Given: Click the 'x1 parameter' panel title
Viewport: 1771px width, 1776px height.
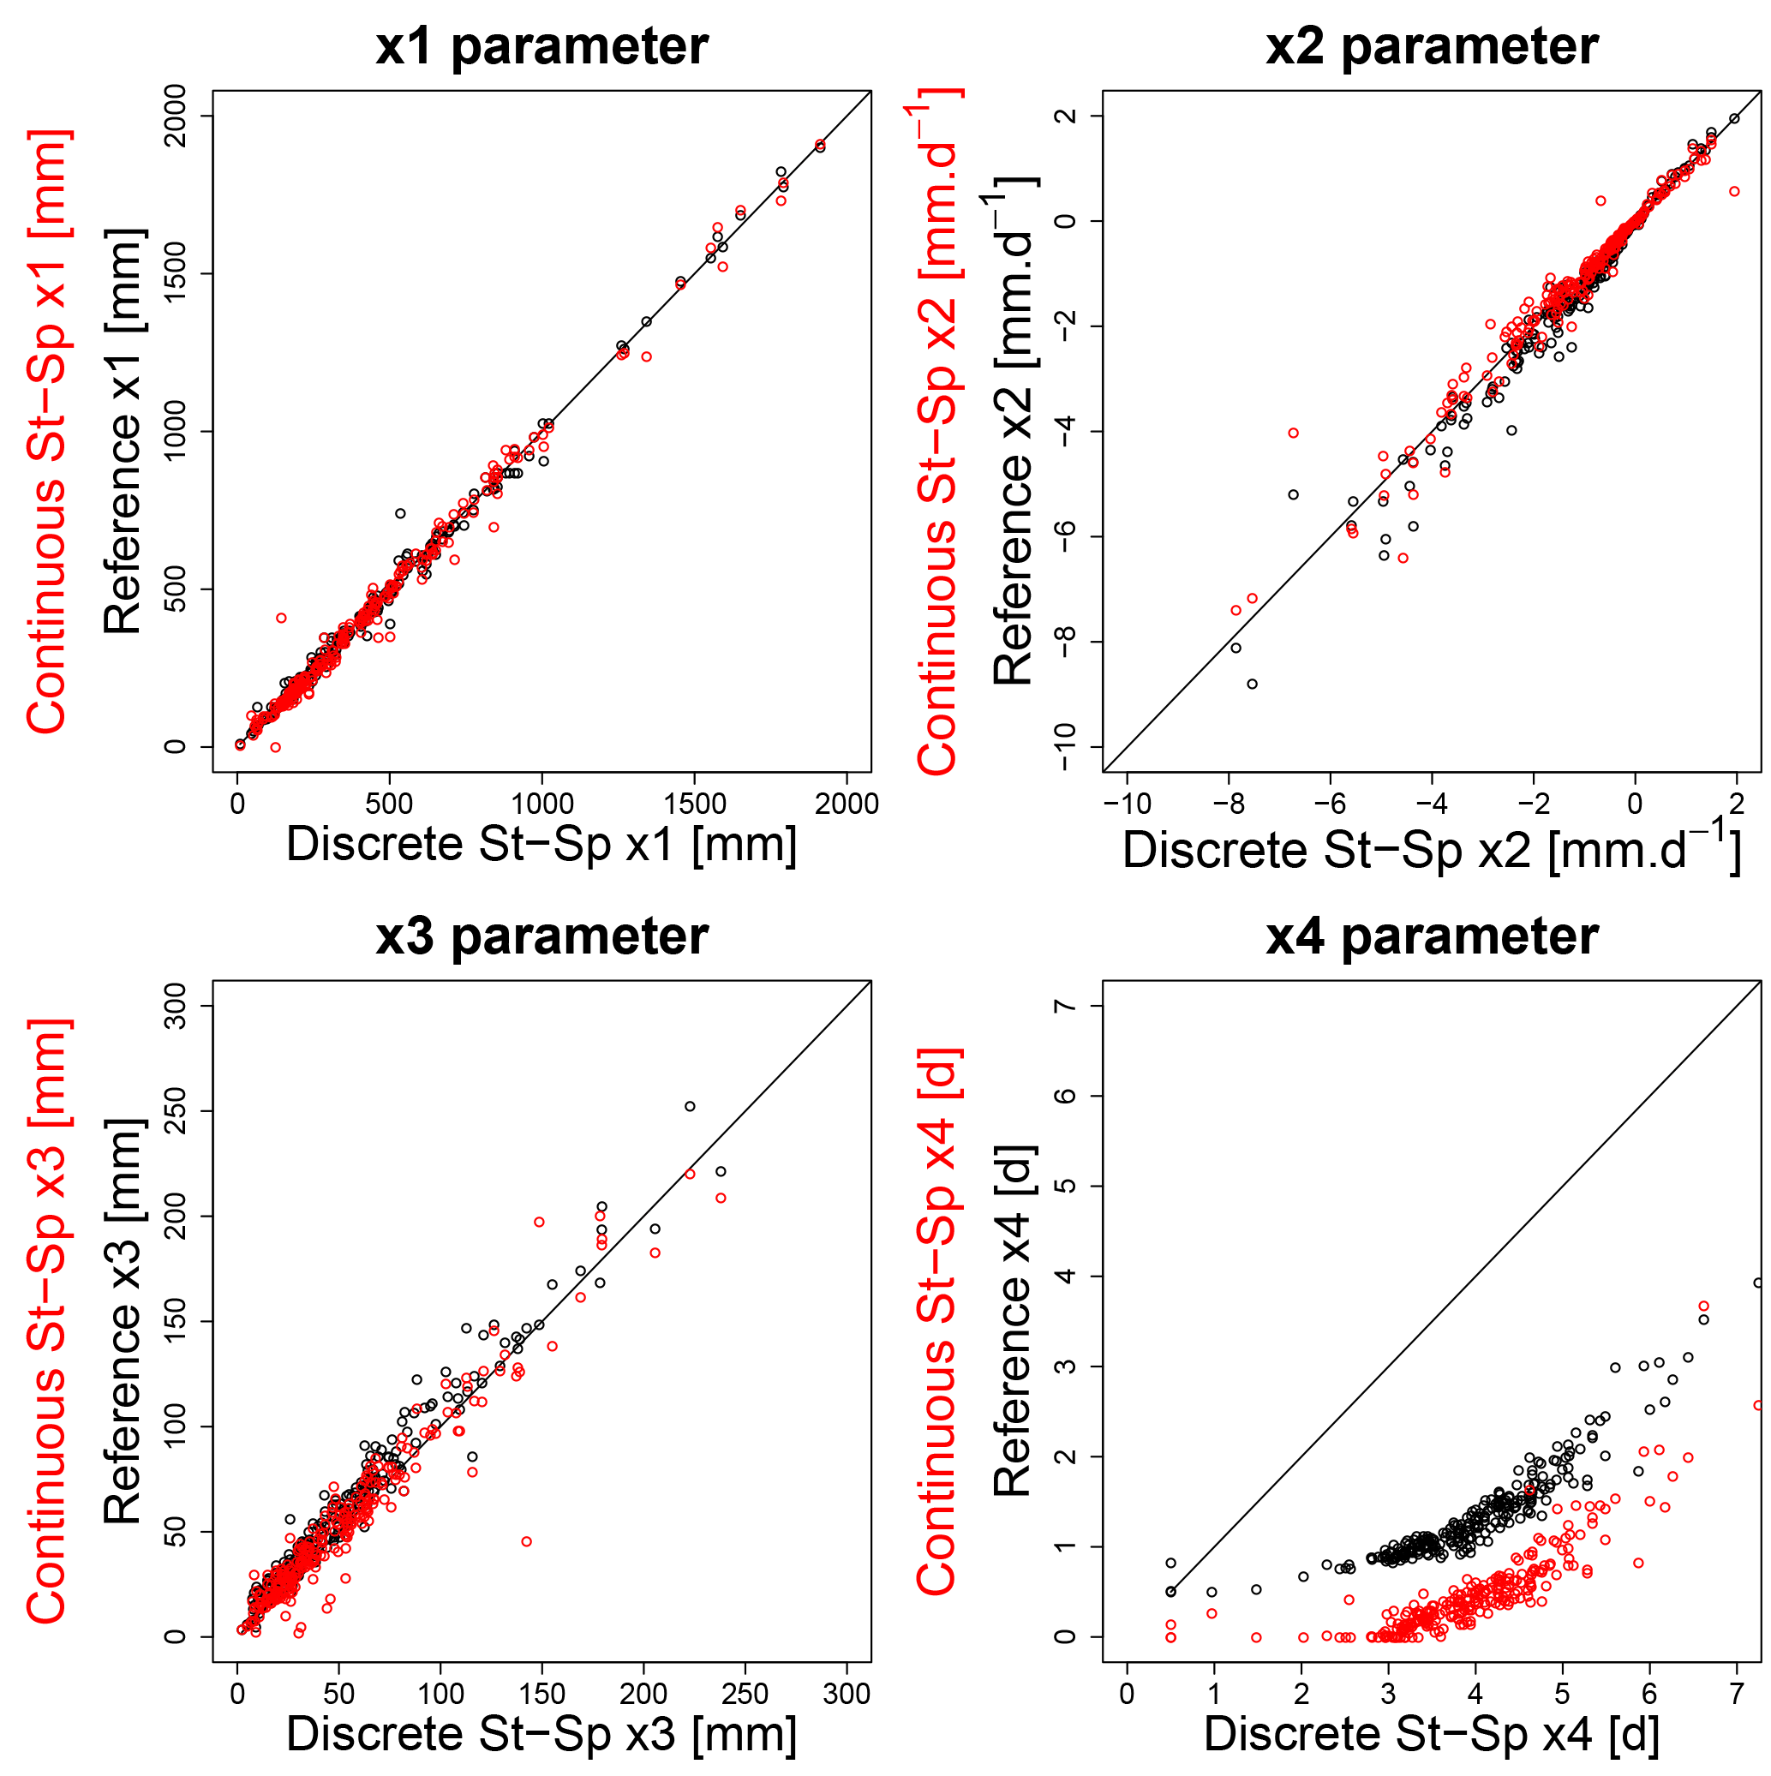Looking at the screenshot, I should (541, 46).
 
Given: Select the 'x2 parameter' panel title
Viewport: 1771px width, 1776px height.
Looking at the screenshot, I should (1432, 46).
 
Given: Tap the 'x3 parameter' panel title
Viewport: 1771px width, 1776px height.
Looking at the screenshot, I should (541, 936).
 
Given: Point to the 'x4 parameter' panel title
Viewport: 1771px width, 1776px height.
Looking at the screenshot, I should (1432, 936).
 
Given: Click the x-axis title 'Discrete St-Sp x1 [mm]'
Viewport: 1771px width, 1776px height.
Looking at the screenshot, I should (541, 844).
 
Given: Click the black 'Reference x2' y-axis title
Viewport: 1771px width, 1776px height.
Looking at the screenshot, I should (1014, 432).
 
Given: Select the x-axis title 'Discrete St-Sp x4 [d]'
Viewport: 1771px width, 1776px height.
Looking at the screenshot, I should (1432, 1734).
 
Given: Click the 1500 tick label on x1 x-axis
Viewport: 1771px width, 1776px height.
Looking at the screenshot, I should (694, 804).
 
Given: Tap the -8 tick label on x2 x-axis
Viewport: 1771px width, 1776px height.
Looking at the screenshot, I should (1229, 804).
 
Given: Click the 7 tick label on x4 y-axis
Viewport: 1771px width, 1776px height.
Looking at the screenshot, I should (1067, 1006).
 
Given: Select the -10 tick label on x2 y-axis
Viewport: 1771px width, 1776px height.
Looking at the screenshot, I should (1067, 746).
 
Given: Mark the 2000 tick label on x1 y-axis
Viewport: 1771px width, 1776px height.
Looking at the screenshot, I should (175, 116).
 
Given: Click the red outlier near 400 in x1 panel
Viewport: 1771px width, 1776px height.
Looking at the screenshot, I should (281, 618).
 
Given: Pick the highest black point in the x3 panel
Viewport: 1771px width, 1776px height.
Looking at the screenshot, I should (690, 1106).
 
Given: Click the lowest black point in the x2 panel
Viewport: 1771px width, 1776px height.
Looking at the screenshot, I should (1253, 684).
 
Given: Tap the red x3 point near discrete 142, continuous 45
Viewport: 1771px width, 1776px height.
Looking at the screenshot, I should (526, 1541).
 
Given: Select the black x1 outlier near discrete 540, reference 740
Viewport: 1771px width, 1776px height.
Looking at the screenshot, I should (400, 513).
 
